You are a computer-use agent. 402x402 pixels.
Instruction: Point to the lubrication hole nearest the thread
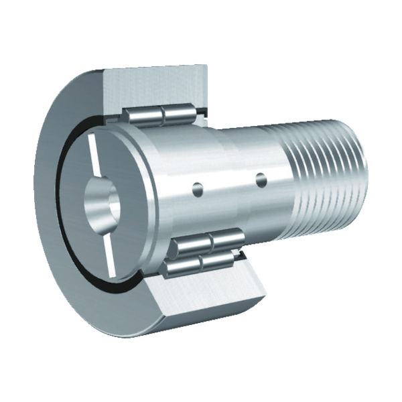pos(261,179)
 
